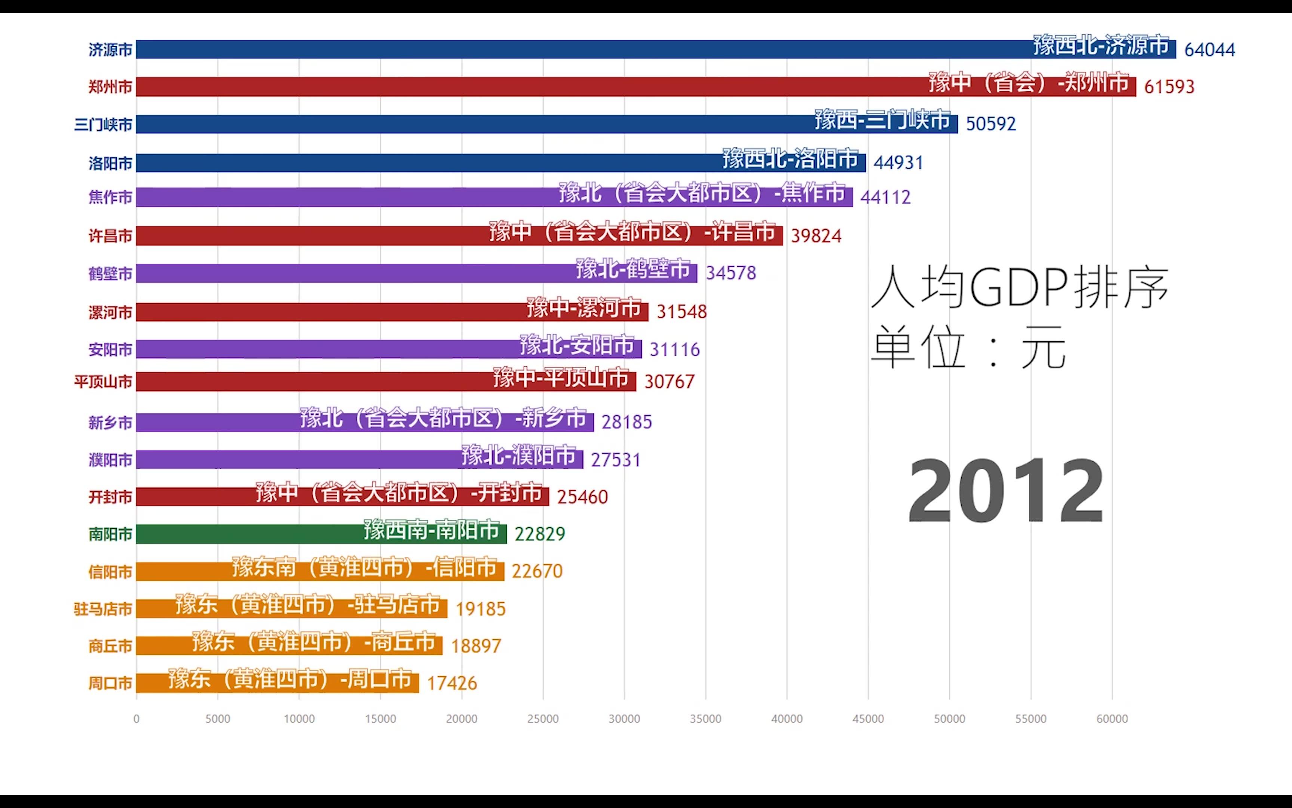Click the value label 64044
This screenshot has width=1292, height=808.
pyautogui.click(x=1209, y=50)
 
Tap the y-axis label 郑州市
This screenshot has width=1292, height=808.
pyautogui.click(x=110, y=86)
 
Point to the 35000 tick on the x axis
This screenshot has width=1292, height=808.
pyautogui.click(x=705, y=719)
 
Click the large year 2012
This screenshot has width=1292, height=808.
pyautogui.click(x=1005, y=491)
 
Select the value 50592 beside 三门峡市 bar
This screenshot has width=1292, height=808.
pyautogui.click(x=991, y=124)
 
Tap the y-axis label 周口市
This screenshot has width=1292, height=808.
pyautogui.click(x=110, y=683)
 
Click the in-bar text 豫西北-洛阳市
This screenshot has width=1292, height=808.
pyautogui.click(x=790, y=159)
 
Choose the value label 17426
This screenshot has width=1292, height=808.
pyautogui.click(x=452, y=683)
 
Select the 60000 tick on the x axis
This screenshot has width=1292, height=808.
pyautogui.click(x=1112, y=719)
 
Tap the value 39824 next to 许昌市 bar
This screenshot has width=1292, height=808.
pyautogui.click(x=815, y=236)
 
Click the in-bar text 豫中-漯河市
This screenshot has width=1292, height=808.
pyautogui.click(x=584, y=308)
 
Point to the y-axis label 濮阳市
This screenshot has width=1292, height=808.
pyautogui.click(x=110, y=460)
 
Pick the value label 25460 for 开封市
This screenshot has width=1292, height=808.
pyautogui.click(x=582, y=497)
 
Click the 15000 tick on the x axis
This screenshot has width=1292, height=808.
pyautogui.click(x=380, y=719)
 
